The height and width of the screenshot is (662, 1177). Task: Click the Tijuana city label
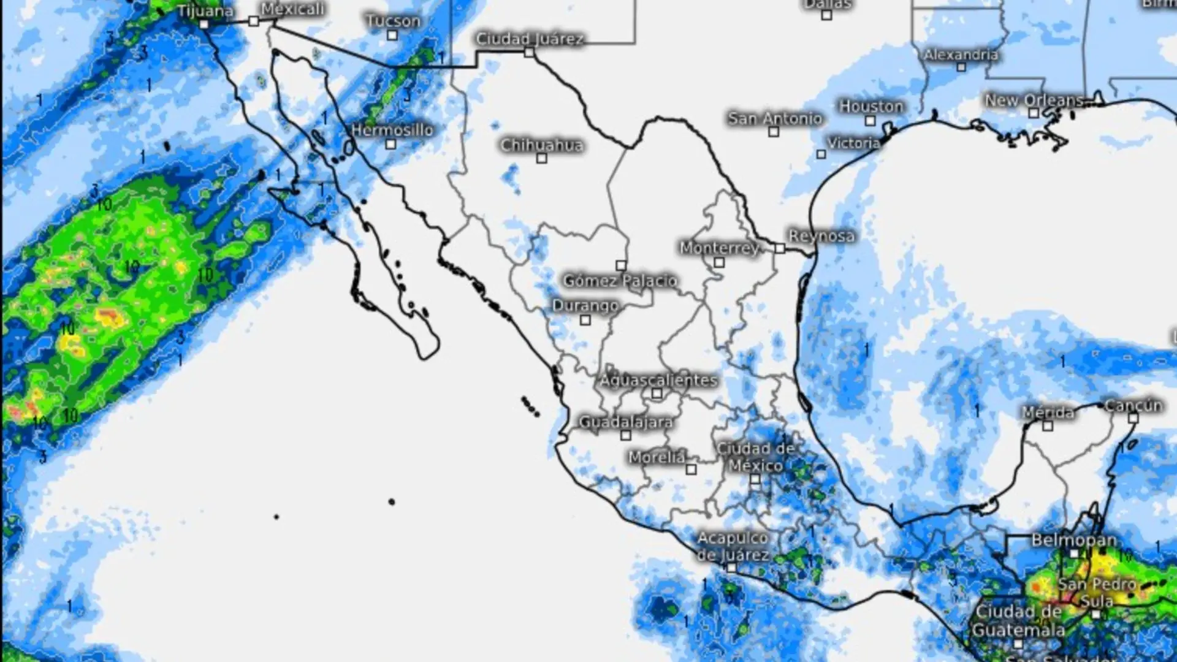[x=205, y=11]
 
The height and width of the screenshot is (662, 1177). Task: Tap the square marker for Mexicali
[x=254, y=21]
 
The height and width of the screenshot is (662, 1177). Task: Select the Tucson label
[x=393, y=21]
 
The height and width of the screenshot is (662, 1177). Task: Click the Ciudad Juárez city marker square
[x=529, y=53]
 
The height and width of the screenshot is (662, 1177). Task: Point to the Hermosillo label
[x=392, y=130]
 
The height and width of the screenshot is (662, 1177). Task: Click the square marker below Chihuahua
[x=541, y=158]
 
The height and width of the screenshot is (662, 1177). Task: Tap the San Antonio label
[x=775, y=118]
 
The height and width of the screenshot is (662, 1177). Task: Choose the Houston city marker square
[x=870, y=121]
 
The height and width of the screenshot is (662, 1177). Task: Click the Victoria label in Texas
[x=854, y=143]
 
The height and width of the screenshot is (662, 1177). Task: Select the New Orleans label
[x=1034, y=100]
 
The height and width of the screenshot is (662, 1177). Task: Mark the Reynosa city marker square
[x=779, y=248]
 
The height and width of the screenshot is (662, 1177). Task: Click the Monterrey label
[x=720, y=248]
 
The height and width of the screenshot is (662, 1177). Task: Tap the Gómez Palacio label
[x=620, y=281]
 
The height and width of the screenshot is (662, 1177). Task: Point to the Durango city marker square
[x=585, y=320]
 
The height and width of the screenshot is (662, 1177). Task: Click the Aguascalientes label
[x=658, y=380]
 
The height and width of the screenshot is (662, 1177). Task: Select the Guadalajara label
[x=626, y=422]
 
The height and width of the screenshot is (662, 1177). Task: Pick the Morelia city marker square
[x=691, y=470]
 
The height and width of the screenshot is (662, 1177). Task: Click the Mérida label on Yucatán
[x=1048, y=413]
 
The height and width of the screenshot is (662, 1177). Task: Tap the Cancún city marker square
[x=1133, y=419]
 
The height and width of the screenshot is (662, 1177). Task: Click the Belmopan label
[x=1073, y=540]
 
